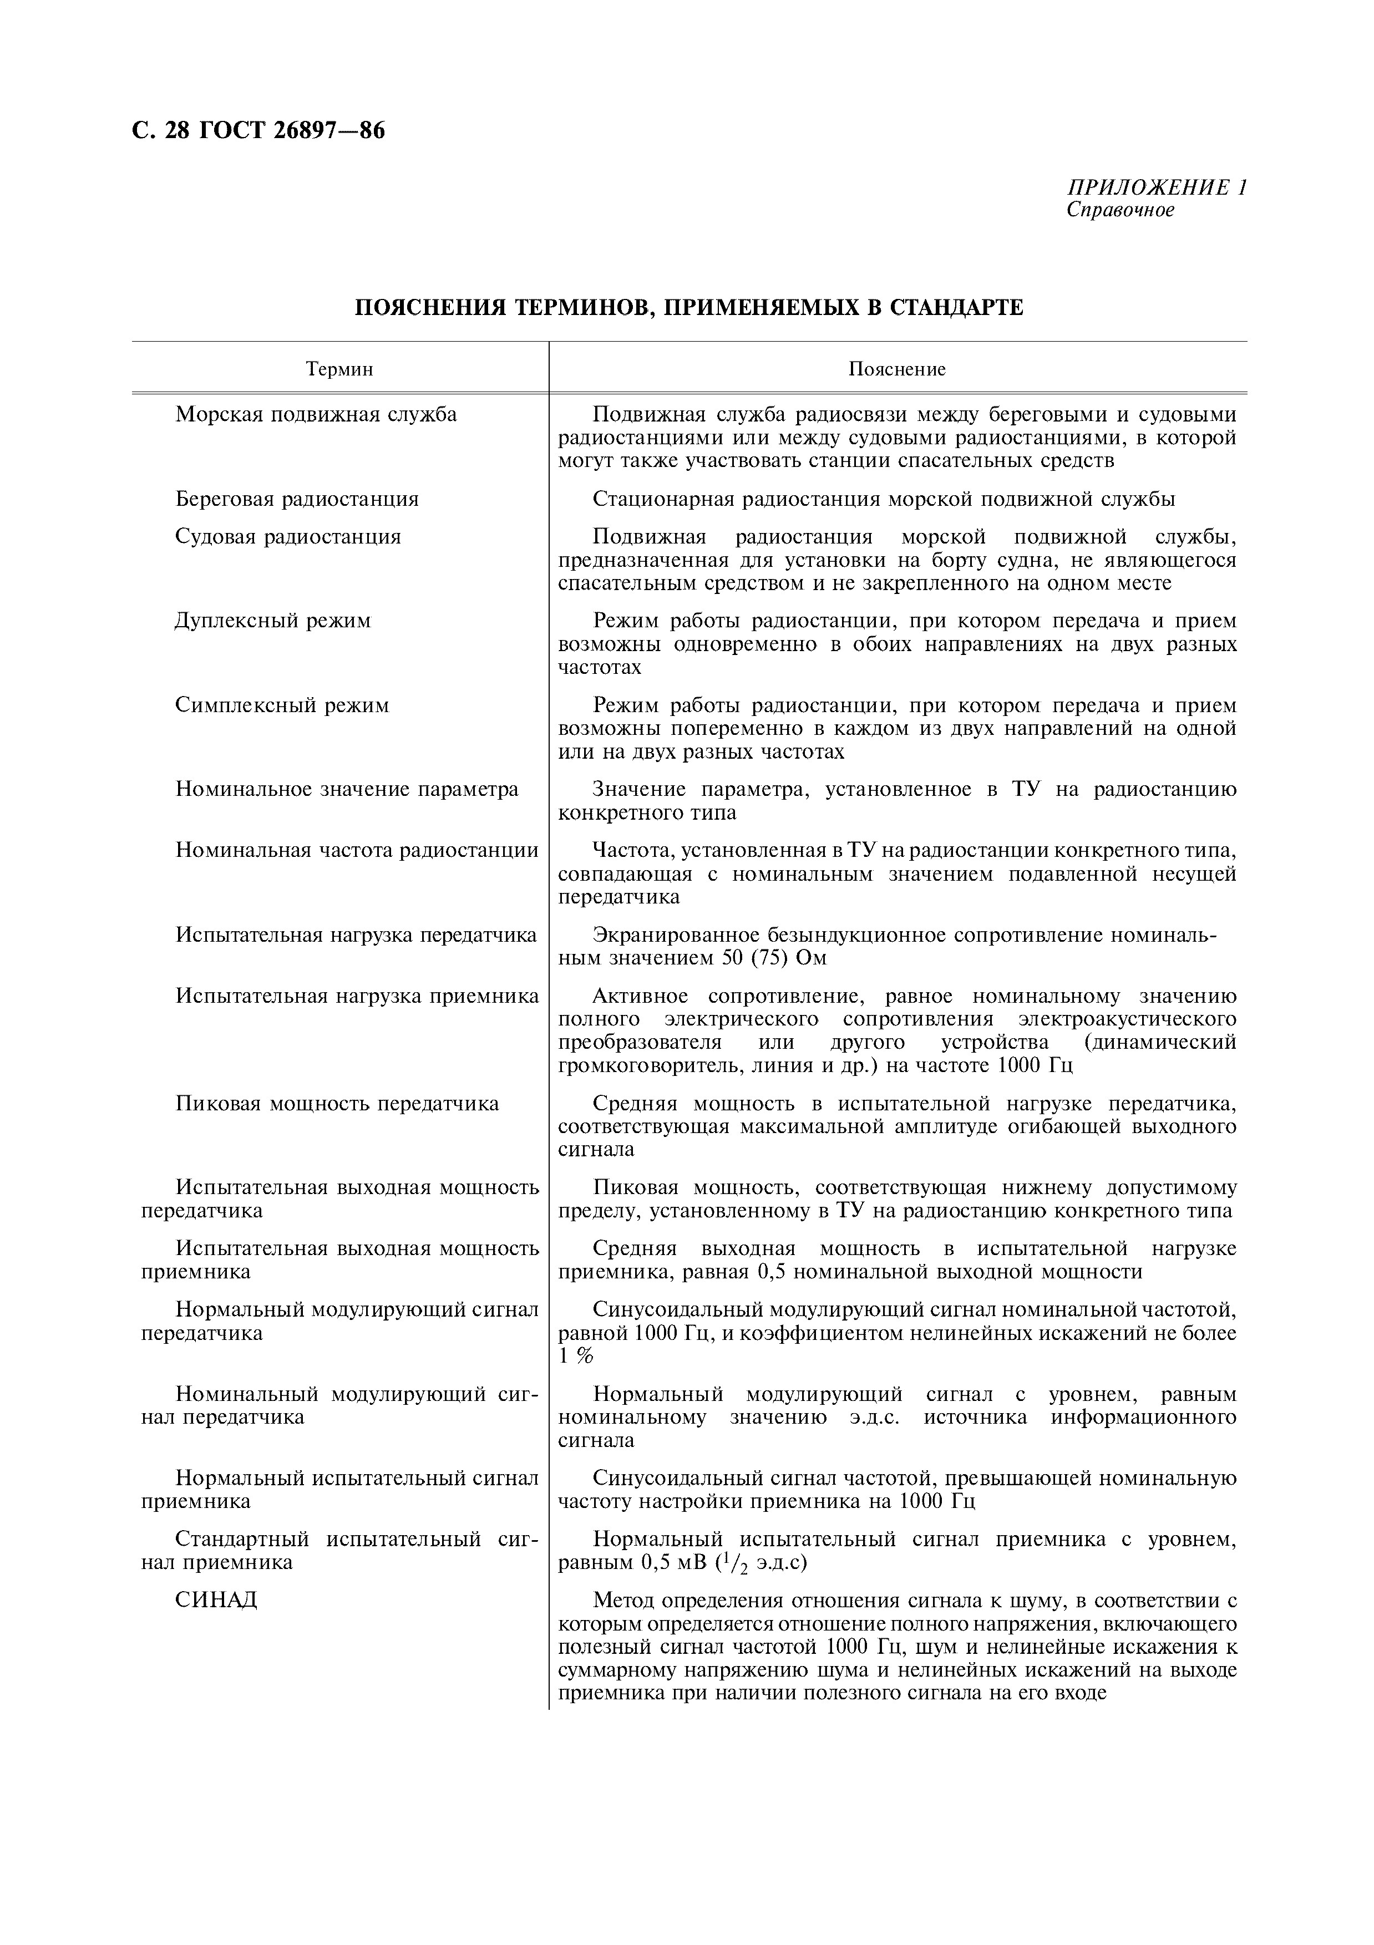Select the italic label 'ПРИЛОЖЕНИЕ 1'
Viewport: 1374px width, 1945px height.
1157,187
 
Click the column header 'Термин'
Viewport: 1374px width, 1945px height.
339,369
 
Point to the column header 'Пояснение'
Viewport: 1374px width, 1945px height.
897,369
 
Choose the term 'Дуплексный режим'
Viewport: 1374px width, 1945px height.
273,621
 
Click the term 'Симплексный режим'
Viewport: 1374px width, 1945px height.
282,705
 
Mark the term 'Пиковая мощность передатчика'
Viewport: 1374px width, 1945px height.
337,1104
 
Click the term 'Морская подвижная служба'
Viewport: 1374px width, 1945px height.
316,414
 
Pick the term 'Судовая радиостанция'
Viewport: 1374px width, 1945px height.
288,536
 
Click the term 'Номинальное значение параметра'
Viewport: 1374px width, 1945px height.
347,790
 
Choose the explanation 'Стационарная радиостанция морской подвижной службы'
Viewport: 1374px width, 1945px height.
884,499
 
